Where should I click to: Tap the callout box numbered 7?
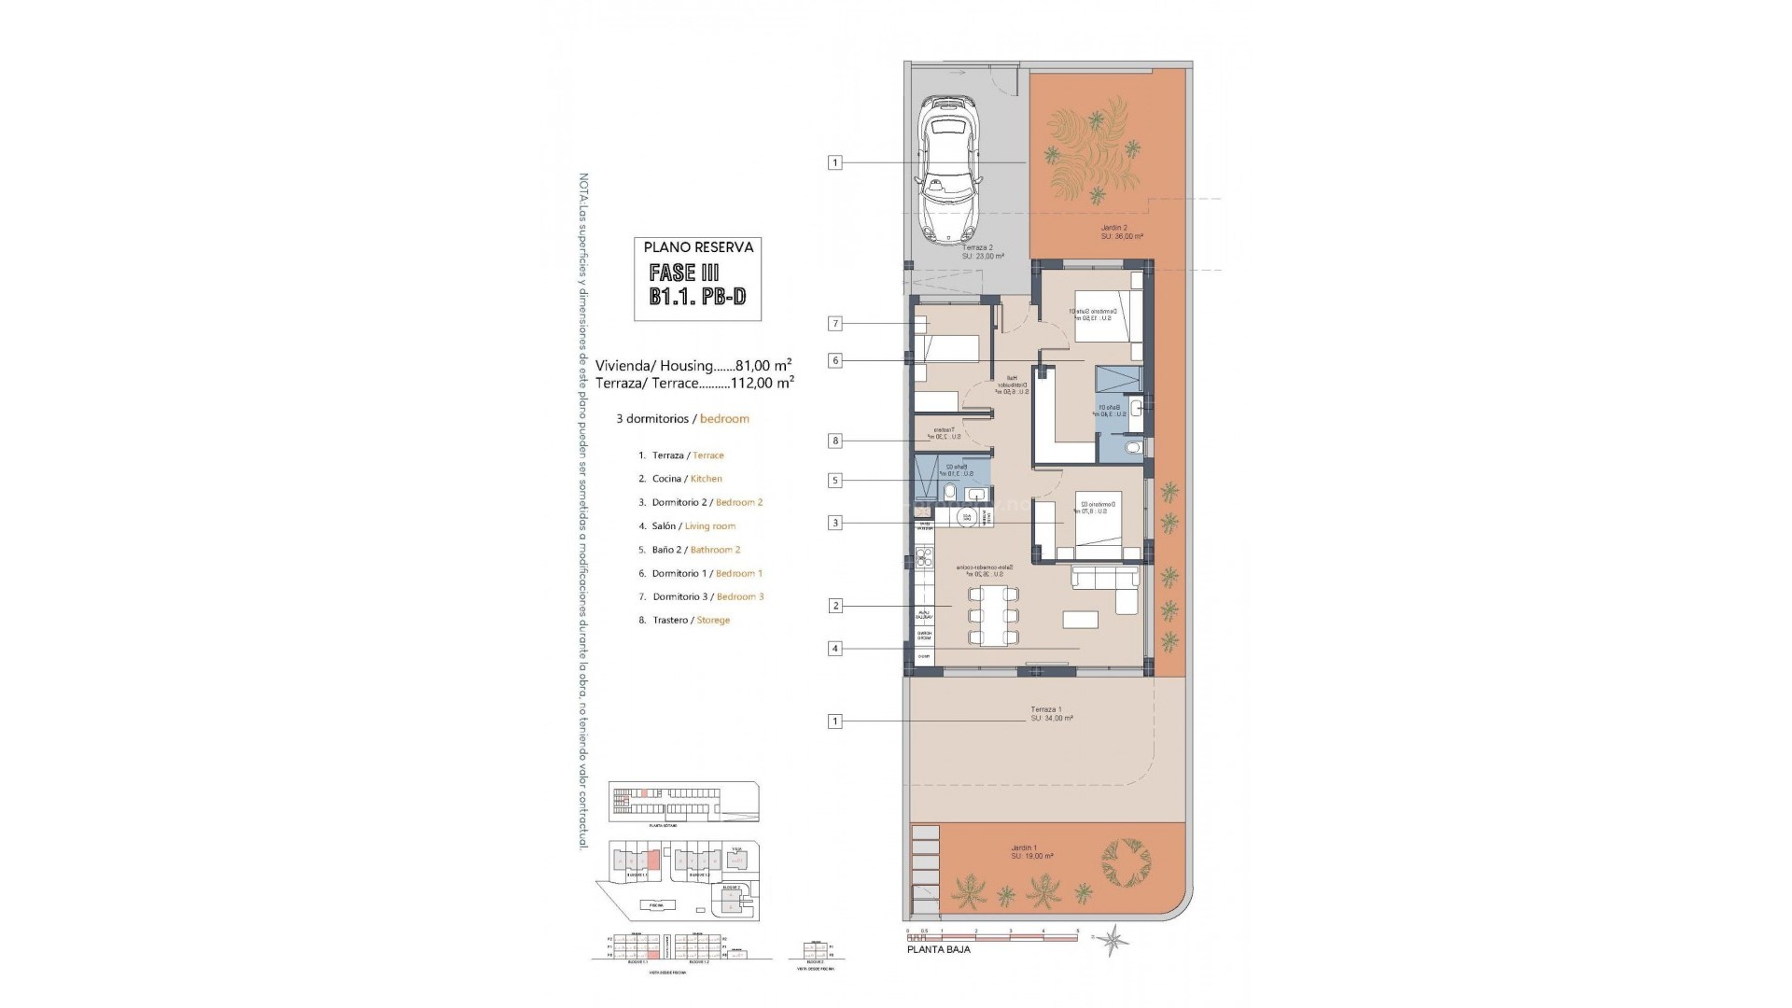pyautogui.click(x=835, y=324)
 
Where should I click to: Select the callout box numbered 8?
pyautogui.click(x=835, y=441)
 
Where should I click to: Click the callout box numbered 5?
pyautogui.click(x=835, y=481)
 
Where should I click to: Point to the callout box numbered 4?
pyautogui.click(x=835, y=649)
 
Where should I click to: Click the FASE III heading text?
pyautogui.click(x=685, y=273)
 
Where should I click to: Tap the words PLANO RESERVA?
pyautogui.click(x=697, y=247)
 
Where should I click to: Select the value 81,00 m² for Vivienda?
pyautogui.click(x=763, y=365)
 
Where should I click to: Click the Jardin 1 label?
pyautogui.click(x=1031, y=852)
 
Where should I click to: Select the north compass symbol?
pyautogui.click(x=1113, y=938)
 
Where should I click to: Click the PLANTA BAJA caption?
pyautogui.click(x=938, y=949)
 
